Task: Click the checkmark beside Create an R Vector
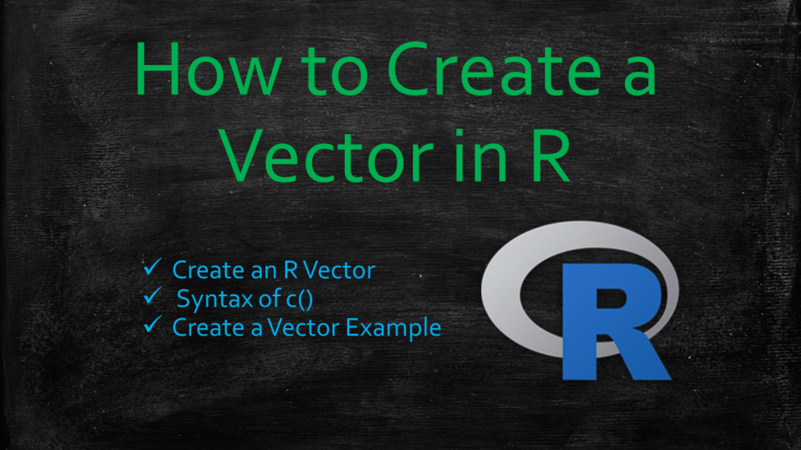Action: (x=152, y=269)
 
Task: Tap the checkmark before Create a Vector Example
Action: (x=152, y=326)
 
